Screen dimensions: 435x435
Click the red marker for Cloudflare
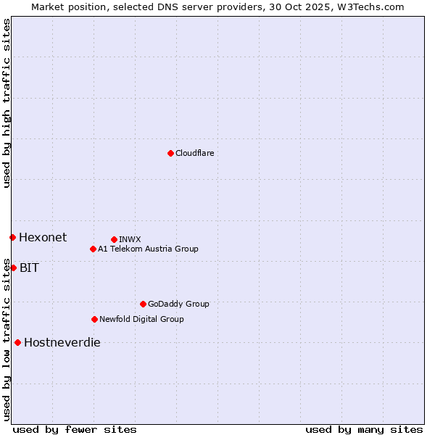(x=170, y=153)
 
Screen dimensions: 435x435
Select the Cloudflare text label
(x=194, y=153)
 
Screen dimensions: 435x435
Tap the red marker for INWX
(x=114, y=239)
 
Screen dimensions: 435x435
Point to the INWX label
(x=130, y=239)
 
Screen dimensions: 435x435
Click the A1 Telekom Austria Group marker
(x=93, y=249)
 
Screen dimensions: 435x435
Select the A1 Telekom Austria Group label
(x=148, y=249)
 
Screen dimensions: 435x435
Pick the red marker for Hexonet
(x=12, y=237)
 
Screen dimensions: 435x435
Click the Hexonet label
(x=43, y=237)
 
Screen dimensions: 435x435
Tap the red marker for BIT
(x=13, y=268)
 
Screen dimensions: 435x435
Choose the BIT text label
(x=29, y=268)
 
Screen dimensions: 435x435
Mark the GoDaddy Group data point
(x=143, y=304)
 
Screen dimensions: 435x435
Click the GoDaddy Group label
(x=178, y=304)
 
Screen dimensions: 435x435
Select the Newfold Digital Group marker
(x=94, y=319)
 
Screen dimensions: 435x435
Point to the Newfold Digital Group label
(x=141, y=319)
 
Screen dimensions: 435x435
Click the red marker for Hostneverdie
(x=17, y=342)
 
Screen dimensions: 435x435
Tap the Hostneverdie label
(x=62, y=342)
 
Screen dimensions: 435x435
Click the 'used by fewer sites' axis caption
(x=75, y=429)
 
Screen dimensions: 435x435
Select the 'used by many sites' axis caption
(x=364, y=429)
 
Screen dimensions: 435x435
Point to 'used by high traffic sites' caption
(x=7, y=103)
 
